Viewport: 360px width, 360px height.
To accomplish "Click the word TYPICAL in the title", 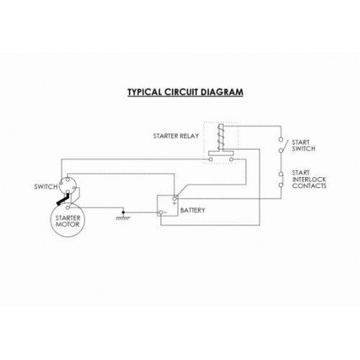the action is [x=145, y=92].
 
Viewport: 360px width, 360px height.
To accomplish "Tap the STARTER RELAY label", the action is [x=176, y=136].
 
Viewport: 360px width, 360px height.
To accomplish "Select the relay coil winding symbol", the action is [x=221, y=138].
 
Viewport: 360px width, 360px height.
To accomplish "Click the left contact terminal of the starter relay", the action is [x=211, y=159].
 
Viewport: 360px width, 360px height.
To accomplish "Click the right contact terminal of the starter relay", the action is [x=231, y=159].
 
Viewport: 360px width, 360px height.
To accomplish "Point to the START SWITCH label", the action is [x=303, y=145].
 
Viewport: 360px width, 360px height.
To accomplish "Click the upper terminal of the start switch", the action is [x=281, y=140].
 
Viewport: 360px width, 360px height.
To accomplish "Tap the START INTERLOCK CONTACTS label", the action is [x=309, y=179].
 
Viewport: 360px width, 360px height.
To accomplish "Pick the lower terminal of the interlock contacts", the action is [x=281, y=185].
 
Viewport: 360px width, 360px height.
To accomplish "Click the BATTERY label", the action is [x=192, y=210].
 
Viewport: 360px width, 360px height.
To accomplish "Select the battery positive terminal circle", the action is [x=175, y=199].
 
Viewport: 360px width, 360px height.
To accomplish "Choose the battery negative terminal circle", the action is [x=161, y=212].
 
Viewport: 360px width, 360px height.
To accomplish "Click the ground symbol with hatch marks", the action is [x=123, y=218].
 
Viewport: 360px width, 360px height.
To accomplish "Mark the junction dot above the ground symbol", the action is [x=123, y=212].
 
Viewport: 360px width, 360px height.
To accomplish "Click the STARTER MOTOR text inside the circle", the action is [x=68, y=221].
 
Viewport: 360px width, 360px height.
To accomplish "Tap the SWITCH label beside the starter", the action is [x=46, y=186].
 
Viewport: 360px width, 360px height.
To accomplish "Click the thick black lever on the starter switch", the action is [x=63, y=200].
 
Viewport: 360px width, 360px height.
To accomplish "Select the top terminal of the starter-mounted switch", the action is [x=68, y=179].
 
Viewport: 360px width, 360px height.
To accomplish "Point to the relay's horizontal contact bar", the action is [x=221, y=153].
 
